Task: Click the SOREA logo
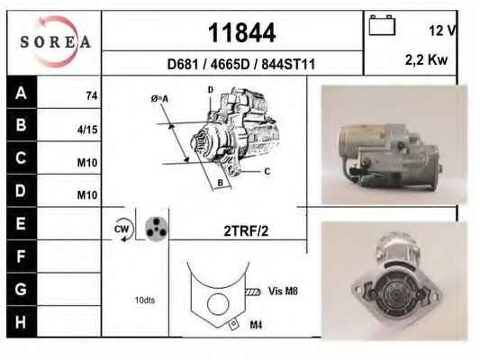click(x=55, y=41)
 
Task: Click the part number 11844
click(x=242, y=32)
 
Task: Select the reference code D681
click(x=183, y=64)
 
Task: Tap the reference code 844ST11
click(x=288, y=64)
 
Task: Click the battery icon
click(x=382, y=25)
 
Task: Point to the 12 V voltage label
click(x=442, y=31)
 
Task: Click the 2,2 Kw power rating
click(x=426, y=60)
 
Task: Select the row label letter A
click(x=21, y=93)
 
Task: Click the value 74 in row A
click(x=92, y=96)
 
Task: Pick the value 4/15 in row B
click(x=87, y=130)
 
